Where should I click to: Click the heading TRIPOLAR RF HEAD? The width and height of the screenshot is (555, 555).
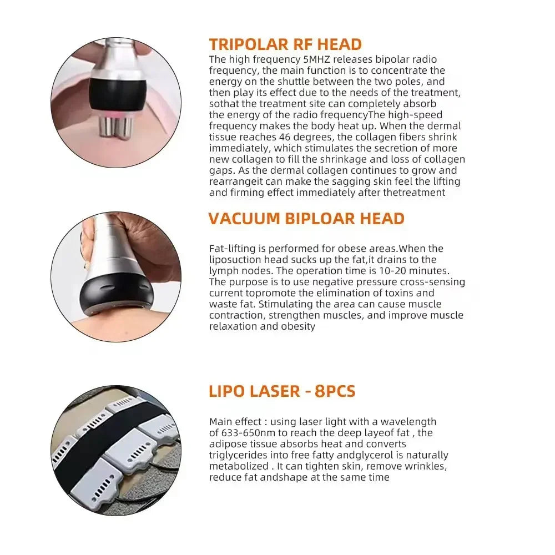tap(285, 44)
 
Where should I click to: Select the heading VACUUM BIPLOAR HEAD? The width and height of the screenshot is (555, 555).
tap(306, 219)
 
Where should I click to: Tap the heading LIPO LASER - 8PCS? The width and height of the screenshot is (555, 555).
tap(282, 391)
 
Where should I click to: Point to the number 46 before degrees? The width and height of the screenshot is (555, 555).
tap(285, 137)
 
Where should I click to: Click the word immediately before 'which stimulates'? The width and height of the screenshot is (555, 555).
tap(240, 148)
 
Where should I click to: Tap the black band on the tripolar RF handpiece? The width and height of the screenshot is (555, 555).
tap(117, 93)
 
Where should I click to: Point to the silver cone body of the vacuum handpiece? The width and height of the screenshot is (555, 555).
tap(108, 251)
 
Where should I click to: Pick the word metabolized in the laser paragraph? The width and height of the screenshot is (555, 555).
tap(239, 466)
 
